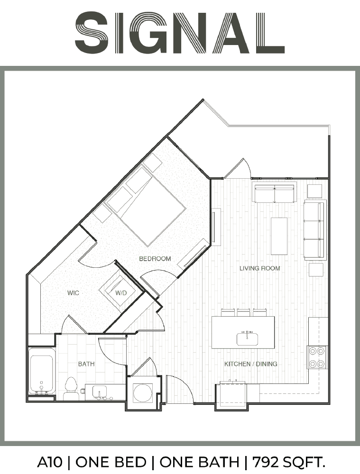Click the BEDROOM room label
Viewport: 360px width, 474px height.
point(155,259)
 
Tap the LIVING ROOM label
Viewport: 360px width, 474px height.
point(259,268)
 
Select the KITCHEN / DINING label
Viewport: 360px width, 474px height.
point(251,364)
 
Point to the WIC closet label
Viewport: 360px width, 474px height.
point(73,292)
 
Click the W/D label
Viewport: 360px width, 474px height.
point(121,293)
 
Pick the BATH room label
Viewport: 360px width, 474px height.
point(86,364)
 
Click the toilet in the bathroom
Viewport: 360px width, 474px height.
point(71,389)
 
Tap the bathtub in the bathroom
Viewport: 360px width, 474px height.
point(42,371)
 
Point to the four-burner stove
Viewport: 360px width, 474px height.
point(317,357)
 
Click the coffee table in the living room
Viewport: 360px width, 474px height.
point(279,236)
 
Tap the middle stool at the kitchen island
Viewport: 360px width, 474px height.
point(243,312)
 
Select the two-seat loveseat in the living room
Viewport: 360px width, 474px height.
point(274,193)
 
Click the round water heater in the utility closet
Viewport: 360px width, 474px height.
point(143,392)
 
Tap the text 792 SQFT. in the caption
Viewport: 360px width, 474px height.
point(289,462)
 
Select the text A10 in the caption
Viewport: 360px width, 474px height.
point(50,462)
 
